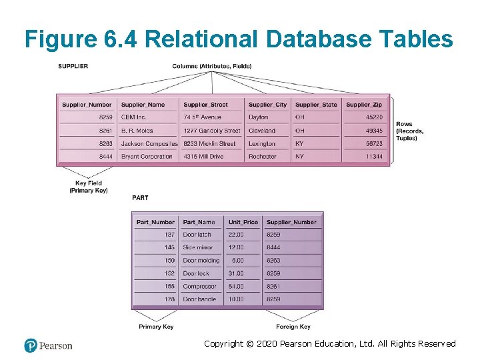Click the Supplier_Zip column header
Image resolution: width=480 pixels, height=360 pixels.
(364, 105)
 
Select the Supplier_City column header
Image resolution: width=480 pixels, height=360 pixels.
(267, 105)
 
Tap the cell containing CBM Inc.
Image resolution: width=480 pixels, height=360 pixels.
(134, 117)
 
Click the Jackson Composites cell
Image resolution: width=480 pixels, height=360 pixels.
(149, 143)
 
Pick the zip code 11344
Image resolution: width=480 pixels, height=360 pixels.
(374, 157)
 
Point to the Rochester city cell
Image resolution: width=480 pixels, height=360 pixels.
(262, 157)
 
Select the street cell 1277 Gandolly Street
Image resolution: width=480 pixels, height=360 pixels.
(211, 131)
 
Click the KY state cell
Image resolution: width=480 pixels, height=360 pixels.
(300, 143)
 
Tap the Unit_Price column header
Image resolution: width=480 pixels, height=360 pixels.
(243, 222)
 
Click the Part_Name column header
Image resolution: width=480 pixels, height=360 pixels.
(199, 222)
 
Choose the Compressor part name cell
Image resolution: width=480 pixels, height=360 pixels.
(199, 287)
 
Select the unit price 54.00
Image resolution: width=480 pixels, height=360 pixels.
(236, 287)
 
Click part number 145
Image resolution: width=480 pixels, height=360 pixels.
(169, 247)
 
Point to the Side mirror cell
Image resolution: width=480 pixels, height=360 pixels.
(198, 247)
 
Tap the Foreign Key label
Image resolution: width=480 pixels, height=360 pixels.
(293, 327)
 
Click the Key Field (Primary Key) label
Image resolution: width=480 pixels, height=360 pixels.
(89, 187)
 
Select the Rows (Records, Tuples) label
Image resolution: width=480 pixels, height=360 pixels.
(409, 131)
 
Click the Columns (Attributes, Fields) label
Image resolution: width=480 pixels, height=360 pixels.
(211, 66)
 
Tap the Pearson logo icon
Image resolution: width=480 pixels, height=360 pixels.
(31, 345)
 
